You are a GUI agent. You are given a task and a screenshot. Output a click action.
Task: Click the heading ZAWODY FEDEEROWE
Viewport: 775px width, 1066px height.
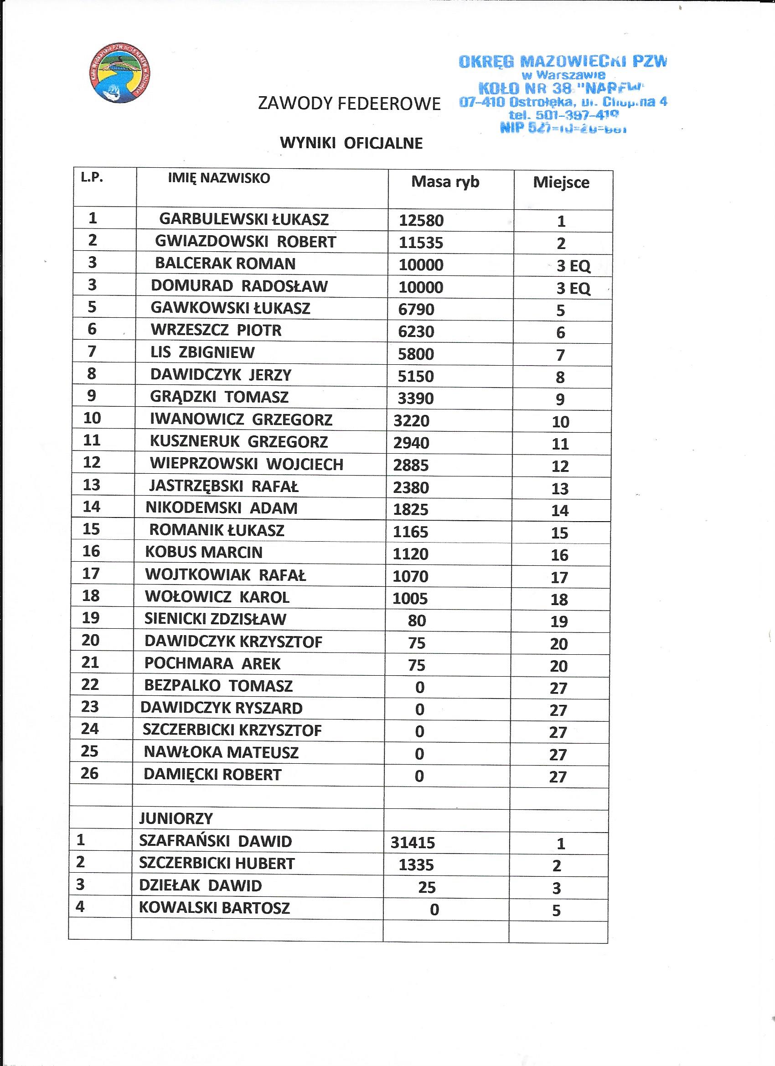coord(349,103)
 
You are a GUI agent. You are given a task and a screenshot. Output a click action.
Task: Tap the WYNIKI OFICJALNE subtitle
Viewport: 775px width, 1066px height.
coord(351,143)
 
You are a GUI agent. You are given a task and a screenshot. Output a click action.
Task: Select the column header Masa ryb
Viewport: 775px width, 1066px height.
coord(445,182)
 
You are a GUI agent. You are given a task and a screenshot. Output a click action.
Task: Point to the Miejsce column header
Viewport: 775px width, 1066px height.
coord(561,182)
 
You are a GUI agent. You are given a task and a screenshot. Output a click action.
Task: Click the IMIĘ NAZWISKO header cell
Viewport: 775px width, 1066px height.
coord(219,178)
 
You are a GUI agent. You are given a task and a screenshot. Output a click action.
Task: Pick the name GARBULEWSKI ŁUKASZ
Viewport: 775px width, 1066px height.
coord(244,219)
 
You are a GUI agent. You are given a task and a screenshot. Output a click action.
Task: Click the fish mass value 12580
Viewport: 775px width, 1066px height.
coord(421,220)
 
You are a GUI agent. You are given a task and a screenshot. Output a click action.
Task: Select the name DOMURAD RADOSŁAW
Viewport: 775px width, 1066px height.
coord(239,286)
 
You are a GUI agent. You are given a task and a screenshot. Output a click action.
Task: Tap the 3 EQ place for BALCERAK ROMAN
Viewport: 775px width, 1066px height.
coord(573,266)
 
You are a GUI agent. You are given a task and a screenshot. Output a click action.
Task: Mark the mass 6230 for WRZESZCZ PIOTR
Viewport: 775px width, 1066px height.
coord(416,332)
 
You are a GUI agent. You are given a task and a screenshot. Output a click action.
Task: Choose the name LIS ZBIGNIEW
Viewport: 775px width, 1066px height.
coord(202,352)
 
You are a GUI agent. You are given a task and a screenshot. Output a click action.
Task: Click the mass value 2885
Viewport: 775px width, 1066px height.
coord(411,466)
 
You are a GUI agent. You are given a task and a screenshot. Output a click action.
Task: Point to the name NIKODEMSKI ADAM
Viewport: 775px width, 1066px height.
coord(222,508)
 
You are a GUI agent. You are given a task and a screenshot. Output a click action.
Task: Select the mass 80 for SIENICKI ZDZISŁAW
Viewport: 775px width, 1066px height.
coord(417,621)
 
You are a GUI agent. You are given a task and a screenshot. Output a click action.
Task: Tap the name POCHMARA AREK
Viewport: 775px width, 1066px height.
coord(212,664)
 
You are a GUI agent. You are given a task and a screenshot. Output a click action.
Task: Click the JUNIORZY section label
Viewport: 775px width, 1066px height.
coord(176,819)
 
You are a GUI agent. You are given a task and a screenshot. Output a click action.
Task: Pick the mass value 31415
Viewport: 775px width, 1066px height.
coord(413,843)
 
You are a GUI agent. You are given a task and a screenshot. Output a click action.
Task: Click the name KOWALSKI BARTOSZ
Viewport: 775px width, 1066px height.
coord(214,908)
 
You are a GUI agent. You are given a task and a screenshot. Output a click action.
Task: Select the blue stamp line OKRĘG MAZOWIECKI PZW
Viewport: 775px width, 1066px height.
coord(562,61)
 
